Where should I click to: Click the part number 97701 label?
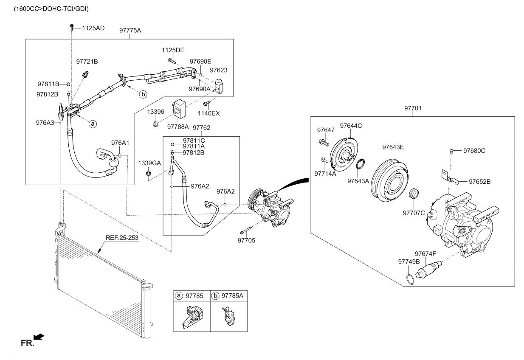(413, 108)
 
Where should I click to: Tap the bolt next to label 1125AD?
(72, 27)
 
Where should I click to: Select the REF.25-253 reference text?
(122, 238)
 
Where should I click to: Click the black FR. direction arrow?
(39, 337)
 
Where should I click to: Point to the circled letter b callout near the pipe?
(143, 94)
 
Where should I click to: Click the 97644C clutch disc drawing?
(344, 154)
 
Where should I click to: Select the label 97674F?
(425, 254)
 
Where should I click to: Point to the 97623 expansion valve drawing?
(219, 86)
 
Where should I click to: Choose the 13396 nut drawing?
(155, 124)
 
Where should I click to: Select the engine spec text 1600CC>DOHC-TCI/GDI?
(51, 9)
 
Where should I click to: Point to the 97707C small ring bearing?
(414, 193)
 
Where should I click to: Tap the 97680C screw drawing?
(451, 151)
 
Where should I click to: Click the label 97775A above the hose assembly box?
(130, 31)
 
